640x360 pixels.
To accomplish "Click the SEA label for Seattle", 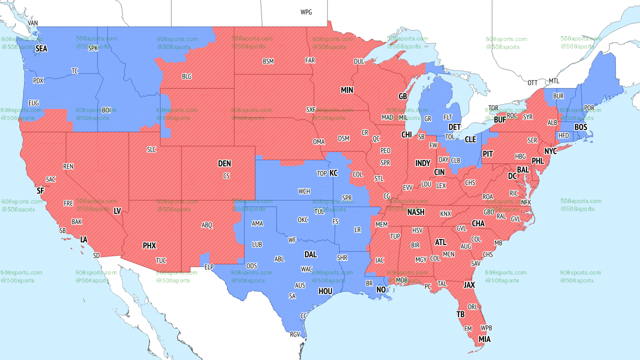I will (x=41, y=49).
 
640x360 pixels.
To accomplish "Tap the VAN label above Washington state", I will (x=33, y=23).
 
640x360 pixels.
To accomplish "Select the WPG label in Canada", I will (x=306, y=12).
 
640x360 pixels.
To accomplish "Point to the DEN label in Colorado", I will (x=224, y=163).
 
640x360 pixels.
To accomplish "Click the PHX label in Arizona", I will (x=149, y=245).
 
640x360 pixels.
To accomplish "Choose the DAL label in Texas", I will (x=310, y=254).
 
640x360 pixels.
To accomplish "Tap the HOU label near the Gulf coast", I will (x=325, y=291).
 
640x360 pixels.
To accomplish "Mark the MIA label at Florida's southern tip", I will (x=484, y=339).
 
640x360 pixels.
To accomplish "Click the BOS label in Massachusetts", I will (x=580, y=127).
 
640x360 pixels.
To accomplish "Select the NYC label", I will (x=550, y=151).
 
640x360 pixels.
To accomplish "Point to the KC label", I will (x=333, y=173).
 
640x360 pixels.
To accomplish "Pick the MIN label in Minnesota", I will (x=347, y=90).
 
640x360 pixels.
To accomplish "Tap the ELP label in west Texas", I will (x=209, y=267).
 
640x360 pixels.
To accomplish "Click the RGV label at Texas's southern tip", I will (x=295, y=334).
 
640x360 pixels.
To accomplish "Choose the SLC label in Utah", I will (x=151, y=149).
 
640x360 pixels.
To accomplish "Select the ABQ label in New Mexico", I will (x=207, y=225).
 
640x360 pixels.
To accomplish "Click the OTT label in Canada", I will (x=532, y=82).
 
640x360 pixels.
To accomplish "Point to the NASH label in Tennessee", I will (x=415, y=212).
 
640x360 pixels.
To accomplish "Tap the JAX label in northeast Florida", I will (x=469, y=285).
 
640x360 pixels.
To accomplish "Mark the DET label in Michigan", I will (x=454, y=127).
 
